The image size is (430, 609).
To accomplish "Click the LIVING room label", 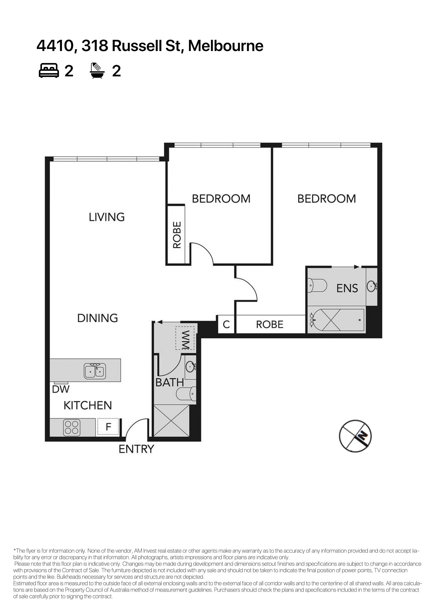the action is [x=106, y=217].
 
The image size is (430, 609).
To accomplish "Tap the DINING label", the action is [x=97, y=318].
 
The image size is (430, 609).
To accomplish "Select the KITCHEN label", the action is [x=88, y=406].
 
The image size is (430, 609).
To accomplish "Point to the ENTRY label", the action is [x=136, y=449].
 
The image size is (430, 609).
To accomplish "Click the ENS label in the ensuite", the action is [x=347, y=288].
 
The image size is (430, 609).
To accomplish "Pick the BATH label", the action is [x=170, y=382].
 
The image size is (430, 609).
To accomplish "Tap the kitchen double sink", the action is [x=95, y=371].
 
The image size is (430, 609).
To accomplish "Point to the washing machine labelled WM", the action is [x=185, y=338].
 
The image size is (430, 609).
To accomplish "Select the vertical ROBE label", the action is [x=177, y=235].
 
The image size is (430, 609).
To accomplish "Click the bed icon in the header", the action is [x=49, y=70].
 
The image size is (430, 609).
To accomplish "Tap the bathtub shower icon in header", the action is [x=97, y=70].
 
